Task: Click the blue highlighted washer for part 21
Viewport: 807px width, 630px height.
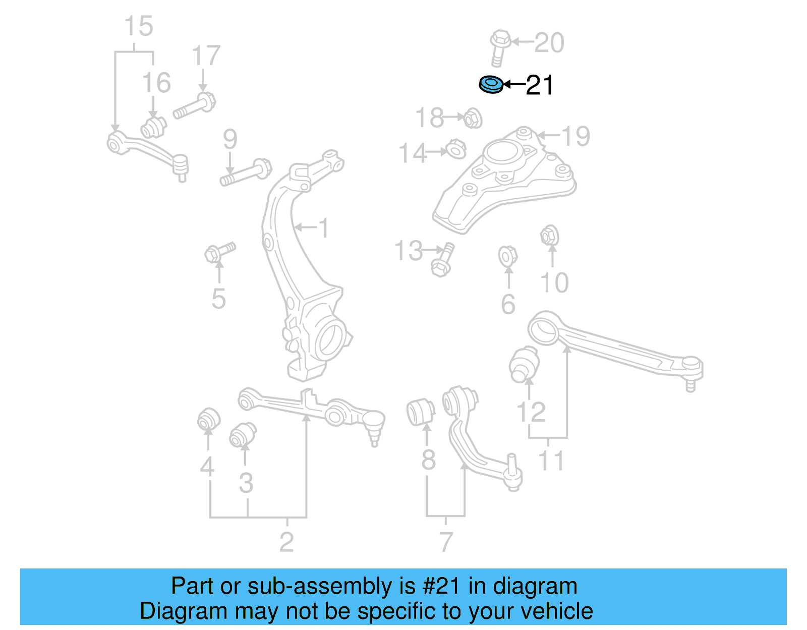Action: [x=491, y=85]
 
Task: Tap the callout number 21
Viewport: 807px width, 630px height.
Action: [x=539, y=85]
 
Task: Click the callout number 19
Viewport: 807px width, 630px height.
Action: [x=575, y=136]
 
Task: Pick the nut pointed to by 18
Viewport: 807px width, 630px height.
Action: [x=473, y=119]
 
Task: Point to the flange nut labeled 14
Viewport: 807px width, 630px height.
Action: [x=456, y=149]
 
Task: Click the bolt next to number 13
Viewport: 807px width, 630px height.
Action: [x=442, y=260]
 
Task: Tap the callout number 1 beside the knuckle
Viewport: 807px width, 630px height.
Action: [x=323, y=228]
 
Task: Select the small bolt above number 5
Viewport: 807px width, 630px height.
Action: [x=219, y=252]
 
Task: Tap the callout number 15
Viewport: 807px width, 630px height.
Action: [x=138, y=27]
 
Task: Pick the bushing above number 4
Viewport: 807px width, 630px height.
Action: [x=208, y=419]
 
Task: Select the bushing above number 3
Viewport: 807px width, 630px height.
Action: [x=243, y=435]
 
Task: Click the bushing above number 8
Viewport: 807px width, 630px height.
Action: [x=420, y=411]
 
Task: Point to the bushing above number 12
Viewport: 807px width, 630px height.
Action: [x=525, y=364]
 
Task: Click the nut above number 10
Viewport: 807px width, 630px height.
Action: [x=549, y=236]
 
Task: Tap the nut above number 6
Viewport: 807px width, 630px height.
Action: [x=507, y=256]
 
